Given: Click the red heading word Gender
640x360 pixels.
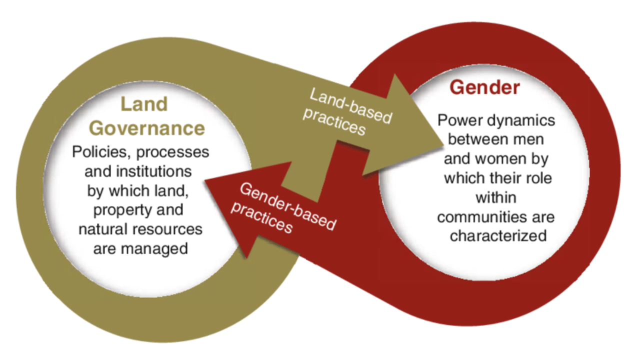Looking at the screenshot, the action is [485, 87].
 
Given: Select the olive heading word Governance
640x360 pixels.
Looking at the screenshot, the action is [147, 128].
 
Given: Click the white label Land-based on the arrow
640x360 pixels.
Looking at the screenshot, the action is [351, 106].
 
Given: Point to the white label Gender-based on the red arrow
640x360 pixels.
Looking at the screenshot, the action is [288, 206].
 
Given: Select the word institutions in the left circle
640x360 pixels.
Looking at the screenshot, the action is [153, 171].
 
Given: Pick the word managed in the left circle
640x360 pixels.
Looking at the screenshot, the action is [154, 249].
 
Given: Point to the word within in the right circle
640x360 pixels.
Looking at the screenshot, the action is [496, 197].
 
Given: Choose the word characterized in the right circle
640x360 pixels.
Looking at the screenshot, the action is [498, 236].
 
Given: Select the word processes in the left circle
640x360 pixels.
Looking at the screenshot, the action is [172, 152].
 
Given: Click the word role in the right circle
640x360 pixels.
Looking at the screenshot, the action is [539, 178].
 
